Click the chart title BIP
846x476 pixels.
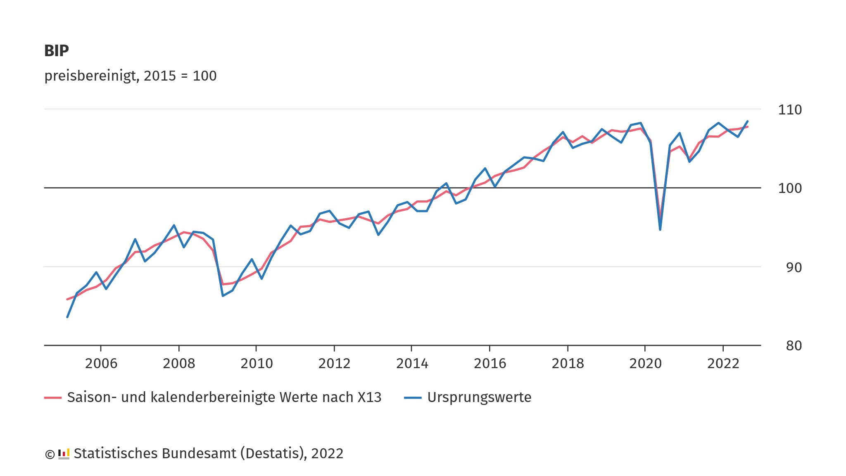pos(57,51)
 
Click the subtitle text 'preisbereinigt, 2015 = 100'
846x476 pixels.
pos(130,76)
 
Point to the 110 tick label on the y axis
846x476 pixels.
pos(789,110)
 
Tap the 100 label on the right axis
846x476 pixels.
pos(789,188)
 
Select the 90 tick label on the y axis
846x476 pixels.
pos(793,268)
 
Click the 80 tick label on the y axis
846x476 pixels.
pos(793,346)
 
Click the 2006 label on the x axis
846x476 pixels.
pos(101,364)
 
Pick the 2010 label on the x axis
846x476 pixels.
pos(257,364)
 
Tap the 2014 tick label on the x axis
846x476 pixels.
pos(412,364)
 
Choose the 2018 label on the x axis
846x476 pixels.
pos(568,364)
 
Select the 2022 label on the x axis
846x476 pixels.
pos(723,364)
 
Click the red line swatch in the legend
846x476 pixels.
pos(53,398)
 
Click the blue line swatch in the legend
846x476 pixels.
pos(412,398)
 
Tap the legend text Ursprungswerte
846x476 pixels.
pos(479,397)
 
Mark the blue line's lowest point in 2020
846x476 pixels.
pos(660,230)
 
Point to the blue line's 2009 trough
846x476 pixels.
pos(223,296)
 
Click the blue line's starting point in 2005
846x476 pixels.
pos(67,317)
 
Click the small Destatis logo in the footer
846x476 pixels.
pos(64,454)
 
